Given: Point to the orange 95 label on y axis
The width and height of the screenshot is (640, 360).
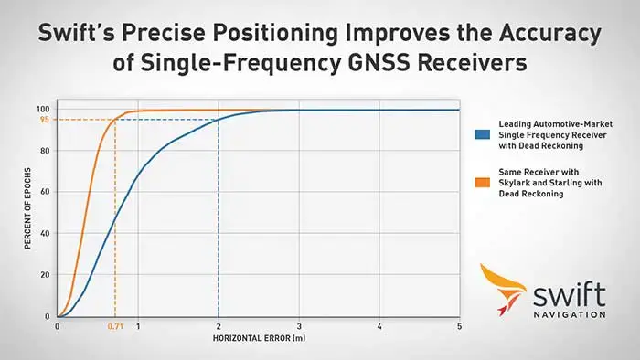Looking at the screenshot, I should (x=44, y=120).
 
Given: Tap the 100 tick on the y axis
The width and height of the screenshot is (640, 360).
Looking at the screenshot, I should (x=43, y=110).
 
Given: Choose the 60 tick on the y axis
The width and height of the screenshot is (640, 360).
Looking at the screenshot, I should (x=45, y=193).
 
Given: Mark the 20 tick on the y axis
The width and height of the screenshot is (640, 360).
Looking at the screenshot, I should (x=45, y=275).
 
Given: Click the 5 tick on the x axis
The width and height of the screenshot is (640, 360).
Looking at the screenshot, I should (x=459, y=326).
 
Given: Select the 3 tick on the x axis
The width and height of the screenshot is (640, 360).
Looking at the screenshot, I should (x=298, y=326).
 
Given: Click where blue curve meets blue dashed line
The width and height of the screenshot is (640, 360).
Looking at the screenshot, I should (x=219, y=120).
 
